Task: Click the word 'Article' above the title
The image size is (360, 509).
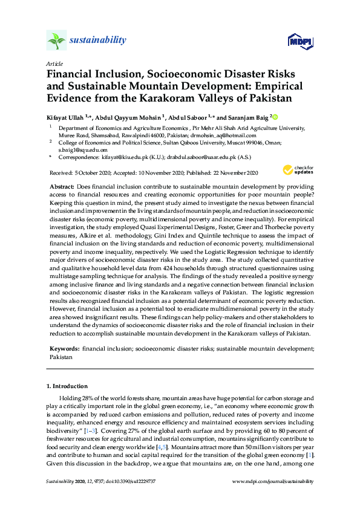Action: click(54, 63)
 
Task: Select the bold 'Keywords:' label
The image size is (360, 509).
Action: click(63, 349)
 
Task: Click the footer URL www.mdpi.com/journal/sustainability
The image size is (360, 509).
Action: click(273, 482)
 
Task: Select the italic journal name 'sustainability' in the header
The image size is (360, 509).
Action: click(98, 41)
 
